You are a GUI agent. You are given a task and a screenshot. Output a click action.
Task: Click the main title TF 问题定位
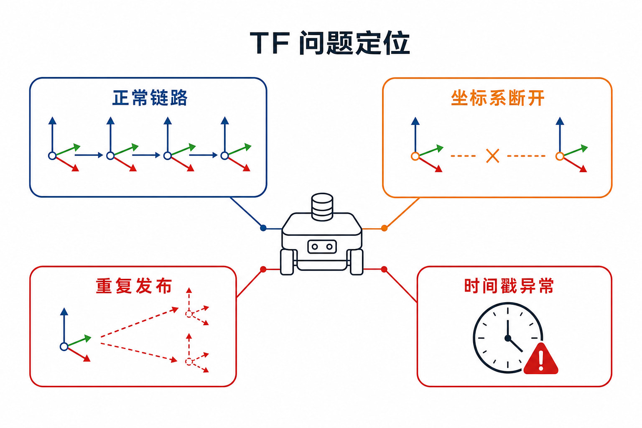pos(330,43)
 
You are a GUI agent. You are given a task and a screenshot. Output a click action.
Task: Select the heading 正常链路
pos(150,98)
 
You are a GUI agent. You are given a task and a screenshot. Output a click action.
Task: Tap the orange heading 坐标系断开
pos(497,98)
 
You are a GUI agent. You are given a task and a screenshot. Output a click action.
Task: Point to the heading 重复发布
pos(134,286)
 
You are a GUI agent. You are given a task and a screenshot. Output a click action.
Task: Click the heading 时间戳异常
pos(509,286)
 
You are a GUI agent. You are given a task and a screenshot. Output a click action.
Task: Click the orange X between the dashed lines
pos(493,156)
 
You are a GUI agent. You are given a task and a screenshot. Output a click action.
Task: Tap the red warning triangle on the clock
pos(540,359)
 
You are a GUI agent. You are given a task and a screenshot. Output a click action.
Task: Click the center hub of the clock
pos(508,338)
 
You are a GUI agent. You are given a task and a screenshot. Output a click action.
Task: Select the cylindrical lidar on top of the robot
pos(322,207)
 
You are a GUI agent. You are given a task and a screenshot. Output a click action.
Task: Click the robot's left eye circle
pos(315,247)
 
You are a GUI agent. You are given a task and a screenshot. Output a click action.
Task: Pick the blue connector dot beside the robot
pos(263,228)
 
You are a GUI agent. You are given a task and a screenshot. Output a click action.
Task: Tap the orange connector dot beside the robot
pos(385,228)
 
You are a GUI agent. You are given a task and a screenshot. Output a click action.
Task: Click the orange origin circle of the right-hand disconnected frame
pos(560,156)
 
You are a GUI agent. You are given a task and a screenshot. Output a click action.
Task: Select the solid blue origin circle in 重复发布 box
pos(64,346)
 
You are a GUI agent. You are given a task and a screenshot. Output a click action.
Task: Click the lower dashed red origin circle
pos(189,362)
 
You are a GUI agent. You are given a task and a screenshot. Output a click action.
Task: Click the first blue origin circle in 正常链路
pos(52,155)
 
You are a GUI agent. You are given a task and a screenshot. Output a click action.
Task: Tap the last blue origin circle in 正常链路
pos(225,155)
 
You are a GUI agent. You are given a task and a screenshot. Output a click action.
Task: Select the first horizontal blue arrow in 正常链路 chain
pos(89,155)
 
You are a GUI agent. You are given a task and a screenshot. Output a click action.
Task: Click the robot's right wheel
pos(357,262)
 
